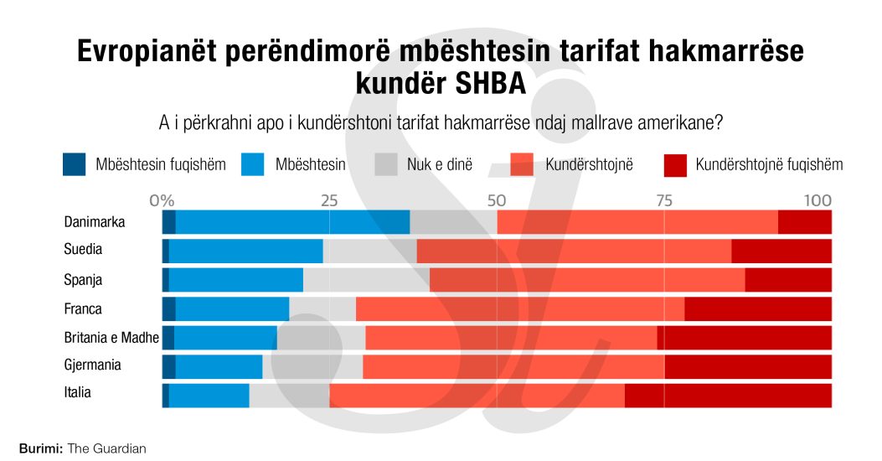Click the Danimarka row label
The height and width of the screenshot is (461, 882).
click(x=95, y=222)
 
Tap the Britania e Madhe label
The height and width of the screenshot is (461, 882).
click(x=111, y=337)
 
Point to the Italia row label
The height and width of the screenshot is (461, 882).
click(x=78, y=392)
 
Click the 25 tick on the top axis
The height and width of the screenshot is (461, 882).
click(x=329, y=201)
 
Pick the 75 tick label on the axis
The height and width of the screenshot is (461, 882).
click(x=664, y=201)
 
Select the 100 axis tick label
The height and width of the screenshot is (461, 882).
click(x=818, y=201)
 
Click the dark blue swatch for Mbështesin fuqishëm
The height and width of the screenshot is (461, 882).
click(x=74, y=164)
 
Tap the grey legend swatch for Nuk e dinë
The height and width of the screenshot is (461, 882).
click(x=385, y=164)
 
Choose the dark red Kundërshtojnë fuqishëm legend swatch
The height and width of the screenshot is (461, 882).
click(x=673, y=164)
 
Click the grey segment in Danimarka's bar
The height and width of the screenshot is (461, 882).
click(x=453, y=222)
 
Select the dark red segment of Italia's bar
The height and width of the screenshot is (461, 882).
click(x=728, y=395)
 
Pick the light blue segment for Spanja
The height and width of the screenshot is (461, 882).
click(x=236, y=280)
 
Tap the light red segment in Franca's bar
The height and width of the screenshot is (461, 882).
click(x=519, y=308)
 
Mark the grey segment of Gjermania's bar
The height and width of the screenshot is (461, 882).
click(x=312, y=366)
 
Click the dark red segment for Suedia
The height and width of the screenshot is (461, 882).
click(x=781, y=251)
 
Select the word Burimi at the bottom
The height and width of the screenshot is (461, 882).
click(x=40, y=448)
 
